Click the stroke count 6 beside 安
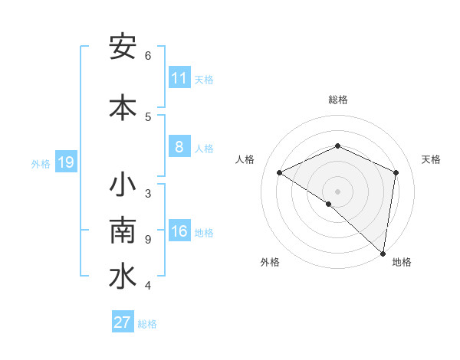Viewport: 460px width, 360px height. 148,56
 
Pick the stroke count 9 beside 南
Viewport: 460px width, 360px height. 148,240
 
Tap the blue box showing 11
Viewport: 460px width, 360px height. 179,77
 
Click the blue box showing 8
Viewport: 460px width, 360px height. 179,146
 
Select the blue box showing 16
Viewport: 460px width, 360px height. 179,231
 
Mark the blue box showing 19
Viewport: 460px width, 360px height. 65,162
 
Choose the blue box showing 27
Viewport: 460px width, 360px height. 123,322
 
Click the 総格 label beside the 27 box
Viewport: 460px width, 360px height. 147,324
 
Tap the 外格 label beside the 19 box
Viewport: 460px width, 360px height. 41,163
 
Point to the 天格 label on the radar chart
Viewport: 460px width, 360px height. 431,159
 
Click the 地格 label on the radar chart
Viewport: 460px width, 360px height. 402,262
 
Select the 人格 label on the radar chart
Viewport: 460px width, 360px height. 245,159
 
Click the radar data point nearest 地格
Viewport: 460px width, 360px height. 383,254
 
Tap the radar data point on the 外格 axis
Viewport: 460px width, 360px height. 328,204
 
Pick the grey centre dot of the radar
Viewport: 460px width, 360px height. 337,191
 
